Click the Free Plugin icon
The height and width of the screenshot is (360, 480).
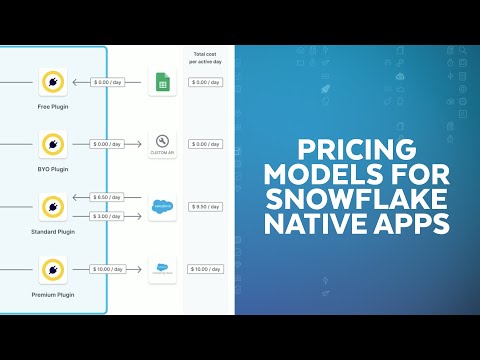[x=52, y=82]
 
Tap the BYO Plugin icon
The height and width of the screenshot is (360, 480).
[x=52, y=144]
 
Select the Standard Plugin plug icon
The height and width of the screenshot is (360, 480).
[x=52, y=207]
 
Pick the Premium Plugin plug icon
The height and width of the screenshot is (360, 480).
[x=52, y=269]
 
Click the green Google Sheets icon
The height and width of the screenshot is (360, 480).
[x=162, y=83]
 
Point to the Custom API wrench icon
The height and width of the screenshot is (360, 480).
[x=162, y=144]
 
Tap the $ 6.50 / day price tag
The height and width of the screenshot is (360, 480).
[x=112, y=197]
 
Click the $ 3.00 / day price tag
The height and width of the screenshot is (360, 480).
[x=112, y=216]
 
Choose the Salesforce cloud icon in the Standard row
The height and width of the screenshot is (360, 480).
[x=162, y=207]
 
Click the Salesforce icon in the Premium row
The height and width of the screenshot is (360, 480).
[x=162, y=269]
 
